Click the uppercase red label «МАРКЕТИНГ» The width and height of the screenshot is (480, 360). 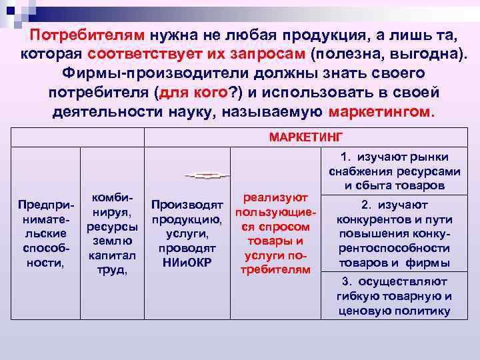click(306, 137)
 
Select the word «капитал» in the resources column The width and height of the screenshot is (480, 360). click(111, 256)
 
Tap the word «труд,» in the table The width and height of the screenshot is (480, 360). click(111, 271)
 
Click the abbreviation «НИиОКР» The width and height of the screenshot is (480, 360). click(187, 262)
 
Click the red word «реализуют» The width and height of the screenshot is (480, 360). click(277, 197)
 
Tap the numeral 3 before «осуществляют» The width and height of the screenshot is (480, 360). click(344, 281)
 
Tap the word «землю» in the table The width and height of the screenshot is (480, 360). click(111, 241)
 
